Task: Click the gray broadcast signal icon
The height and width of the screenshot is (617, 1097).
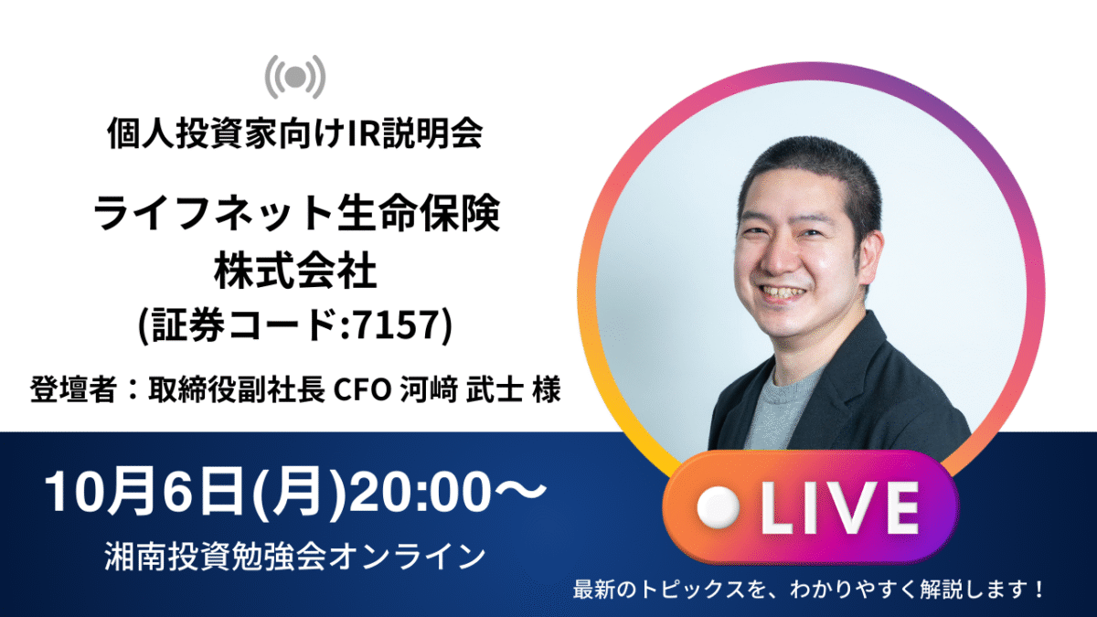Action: click(x=295, y=77)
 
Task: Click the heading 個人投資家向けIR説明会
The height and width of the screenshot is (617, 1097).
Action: click(x=295, y=133)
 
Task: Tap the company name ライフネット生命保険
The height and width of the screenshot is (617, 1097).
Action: click(x=297, y=212)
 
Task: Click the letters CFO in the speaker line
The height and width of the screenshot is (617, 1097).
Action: click(x=362, y=390)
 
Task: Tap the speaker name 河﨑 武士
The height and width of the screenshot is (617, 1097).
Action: click(x=462, y=389)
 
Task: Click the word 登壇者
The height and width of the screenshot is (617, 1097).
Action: click(x=73, y=389)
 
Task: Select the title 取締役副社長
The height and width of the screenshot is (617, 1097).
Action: click(x=237, y=389)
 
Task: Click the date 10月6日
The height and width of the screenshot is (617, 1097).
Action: click(x=144, y=491)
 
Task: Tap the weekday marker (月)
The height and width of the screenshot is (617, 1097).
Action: click(x=298, y=491)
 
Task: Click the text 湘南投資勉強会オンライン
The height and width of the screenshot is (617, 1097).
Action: click(x=294, y=557)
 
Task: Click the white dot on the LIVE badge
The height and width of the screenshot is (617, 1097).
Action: click(x=718, y=507)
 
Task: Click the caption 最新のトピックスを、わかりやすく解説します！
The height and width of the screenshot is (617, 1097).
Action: click(x=808, y=589)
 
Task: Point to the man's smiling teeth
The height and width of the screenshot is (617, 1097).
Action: click(x=783, y=293)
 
